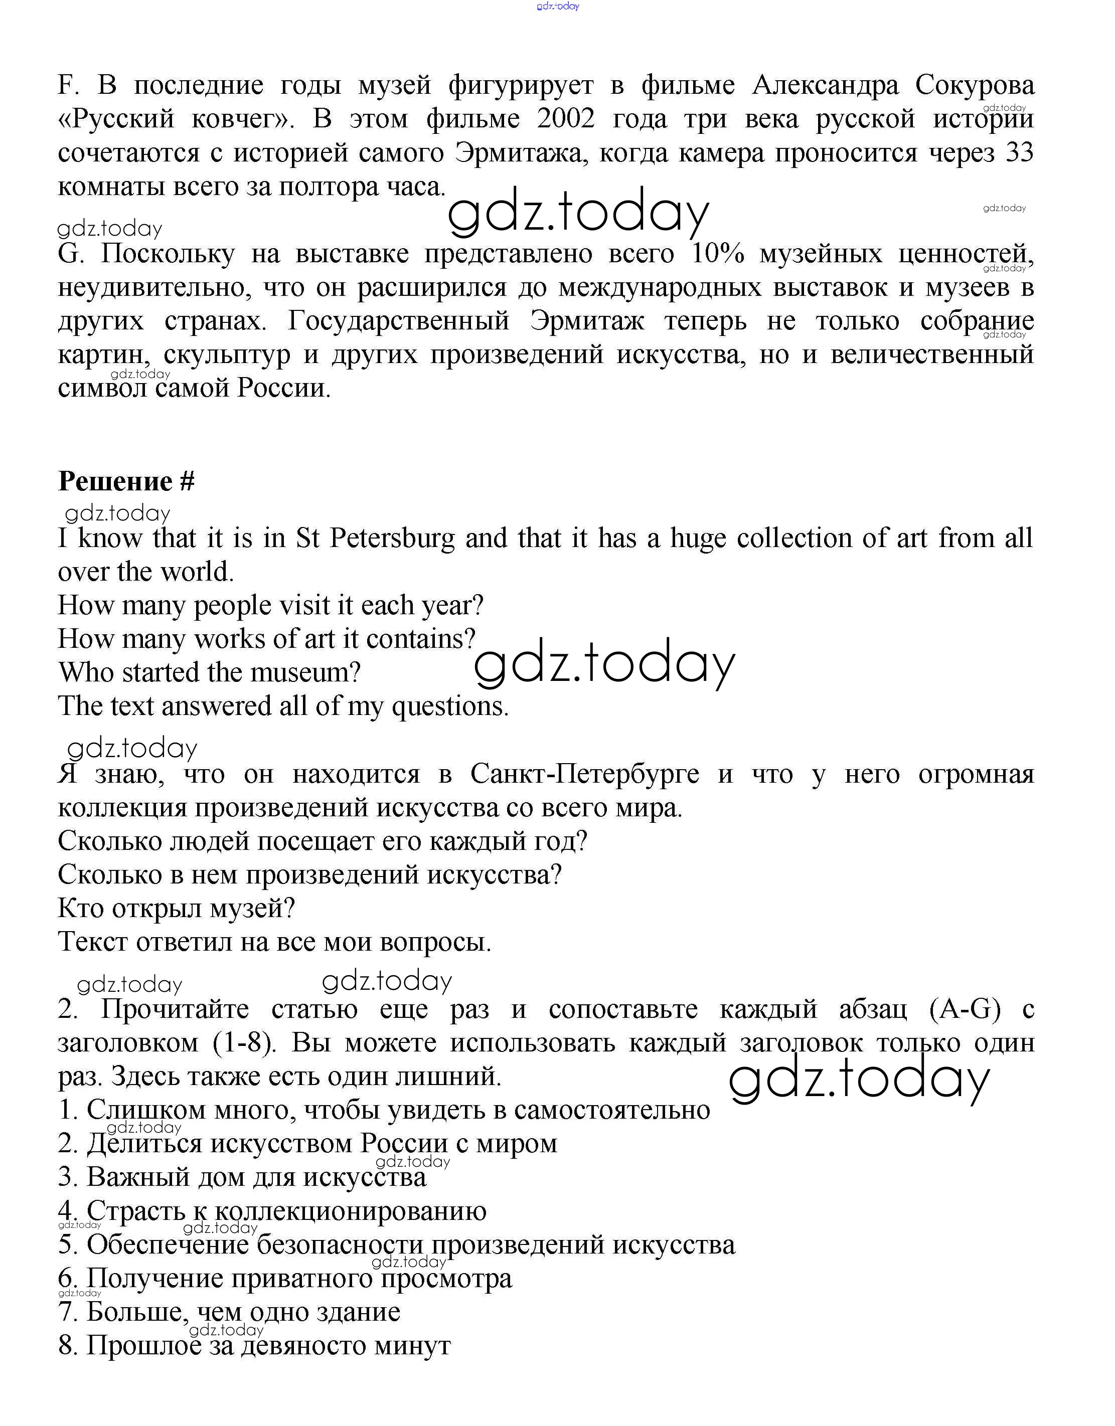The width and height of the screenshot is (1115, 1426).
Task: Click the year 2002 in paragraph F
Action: coord(566,119)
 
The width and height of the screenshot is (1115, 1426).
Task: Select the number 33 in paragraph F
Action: coord(1017,153)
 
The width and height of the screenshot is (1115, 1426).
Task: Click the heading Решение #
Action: coord(126,481)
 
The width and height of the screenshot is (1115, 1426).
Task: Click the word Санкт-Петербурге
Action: coord(584,774)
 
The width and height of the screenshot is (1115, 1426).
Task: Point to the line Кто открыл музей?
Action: coord(177,908)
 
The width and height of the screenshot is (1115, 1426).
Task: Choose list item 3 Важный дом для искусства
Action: coord(242,1177)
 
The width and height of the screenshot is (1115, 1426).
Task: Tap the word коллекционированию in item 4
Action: coord(351,1211)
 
